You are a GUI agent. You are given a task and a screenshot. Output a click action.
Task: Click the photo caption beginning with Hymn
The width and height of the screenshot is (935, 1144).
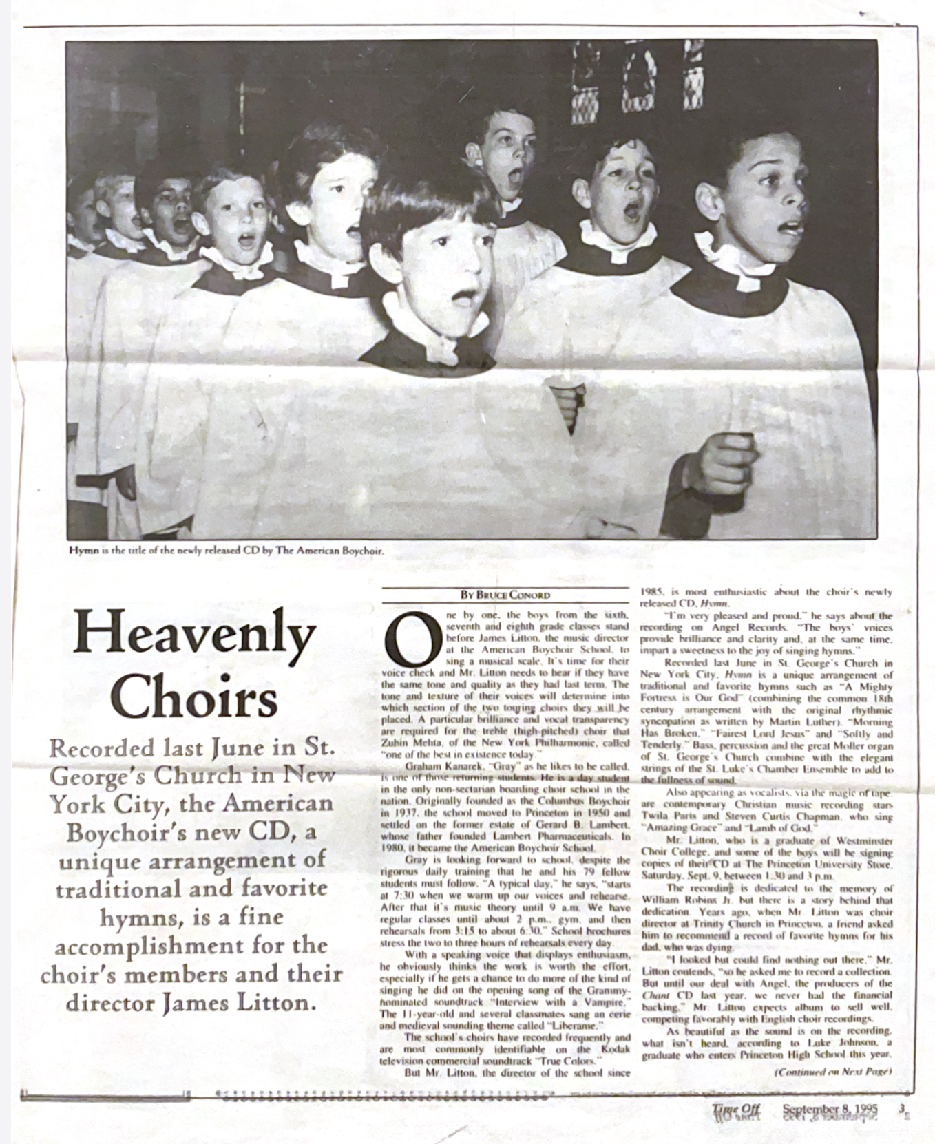click(226, 550)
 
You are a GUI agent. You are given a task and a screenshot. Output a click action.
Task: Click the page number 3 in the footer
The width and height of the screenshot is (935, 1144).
click(901, 1109)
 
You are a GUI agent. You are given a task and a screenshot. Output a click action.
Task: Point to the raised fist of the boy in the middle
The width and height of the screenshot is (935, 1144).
click(567, 403)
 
